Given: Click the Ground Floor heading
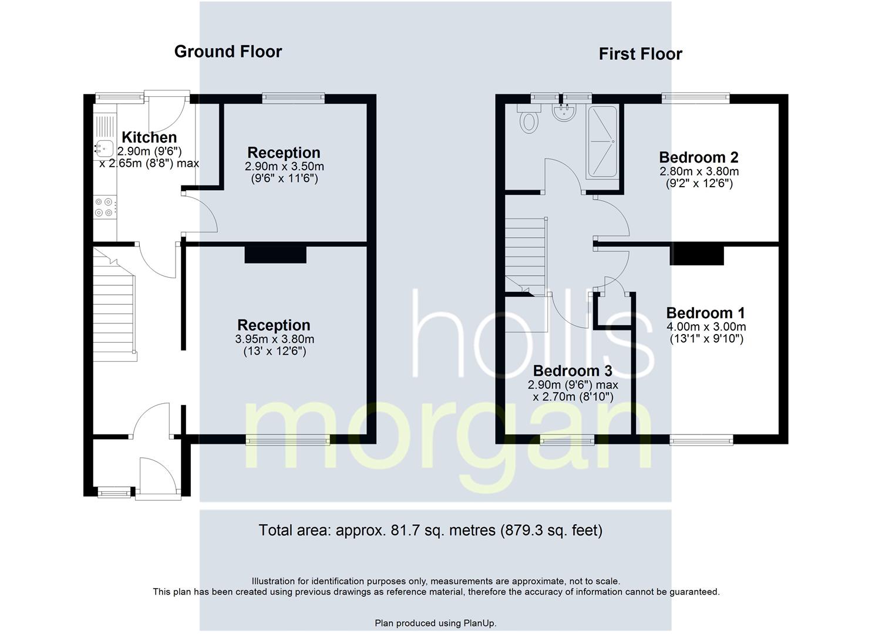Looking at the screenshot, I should coord(228,52).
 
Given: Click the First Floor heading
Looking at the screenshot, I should coord(640,54).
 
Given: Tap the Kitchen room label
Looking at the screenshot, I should coord(149,137).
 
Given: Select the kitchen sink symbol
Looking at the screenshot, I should coord(104,149).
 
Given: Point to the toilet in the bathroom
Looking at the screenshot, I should coord(529,119).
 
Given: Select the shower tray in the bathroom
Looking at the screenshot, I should coord(602,141).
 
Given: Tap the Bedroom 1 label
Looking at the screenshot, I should coord(705,313).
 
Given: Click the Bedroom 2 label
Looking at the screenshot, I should coord(698,157).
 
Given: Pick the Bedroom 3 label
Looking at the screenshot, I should coord(573,371).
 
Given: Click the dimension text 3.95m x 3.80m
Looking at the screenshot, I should coord(274,339).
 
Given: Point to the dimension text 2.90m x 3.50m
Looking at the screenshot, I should coord(284,167).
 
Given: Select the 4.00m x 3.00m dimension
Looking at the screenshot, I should coord(706,327).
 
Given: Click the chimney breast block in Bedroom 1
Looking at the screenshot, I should coord(696,255).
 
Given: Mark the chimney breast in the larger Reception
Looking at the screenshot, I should coord(275,254).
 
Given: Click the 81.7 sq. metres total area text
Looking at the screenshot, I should coord(430,531).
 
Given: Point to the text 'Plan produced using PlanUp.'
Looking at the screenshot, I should coord(435,623).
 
